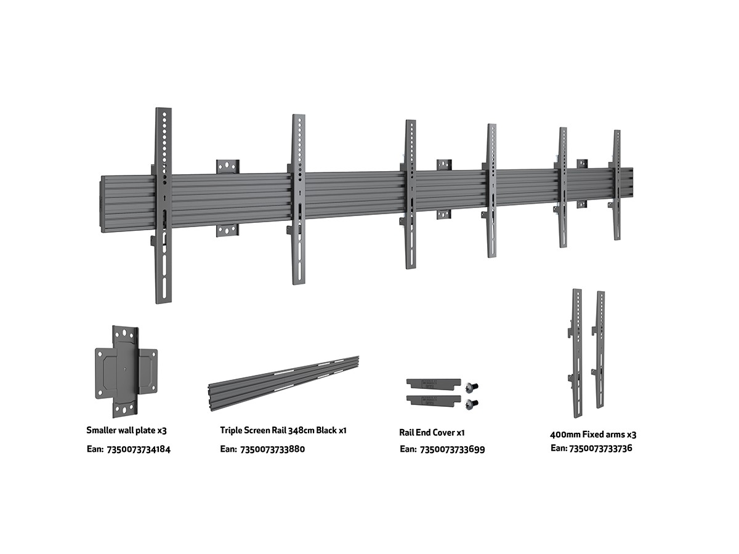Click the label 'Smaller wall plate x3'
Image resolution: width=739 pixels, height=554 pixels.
point(126,430)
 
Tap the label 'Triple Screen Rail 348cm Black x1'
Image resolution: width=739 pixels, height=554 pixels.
point(283,430)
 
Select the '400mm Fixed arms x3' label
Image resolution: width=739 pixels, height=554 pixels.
point(593,434)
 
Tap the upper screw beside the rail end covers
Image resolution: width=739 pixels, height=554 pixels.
point(473,387)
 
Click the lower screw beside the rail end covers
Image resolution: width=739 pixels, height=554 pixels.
point(473,404)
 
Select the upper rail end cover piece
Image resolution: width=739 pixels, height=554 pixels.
point(433,383)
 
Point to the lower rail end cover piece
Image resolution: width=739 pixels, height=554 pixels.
point(433,400)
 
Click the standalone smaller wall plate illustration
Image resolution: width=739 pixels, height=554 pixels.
point(126,371)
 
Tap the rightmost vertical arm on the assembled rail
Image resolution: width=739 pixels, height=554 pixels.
point(616,185)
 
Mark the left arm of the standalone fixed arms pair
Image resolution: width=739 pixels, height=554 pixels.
point(576,345)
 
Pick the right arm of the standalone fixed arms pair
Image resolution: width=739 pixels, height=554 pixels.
point(599,350)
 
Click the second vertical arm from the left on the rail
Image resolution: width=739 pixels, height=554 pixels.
point(299,198)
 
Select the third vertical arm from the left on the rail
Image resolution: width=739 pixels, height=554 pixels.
point(410,194)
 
